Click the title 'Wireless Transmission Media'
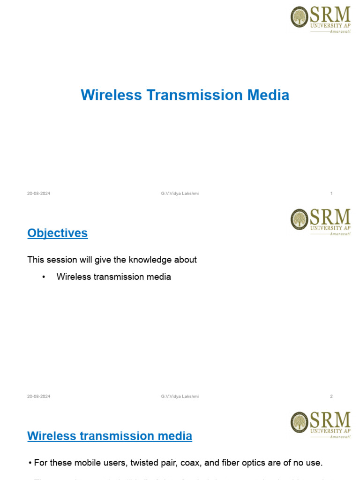coord(185,95)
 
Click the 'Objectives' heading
coord(58,233)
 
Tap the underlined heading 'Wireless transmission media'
coord(110,436)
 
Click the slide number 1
coord(331,194)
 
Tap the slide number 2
coord(331,397)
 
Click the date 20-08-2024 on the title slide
coord(39,194)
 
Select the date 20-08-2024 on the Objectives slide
coord(39,397)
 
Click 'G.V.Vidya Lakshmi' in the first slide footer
coord(180,194)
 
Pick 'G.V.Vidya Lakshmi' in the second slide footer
coord(180,397)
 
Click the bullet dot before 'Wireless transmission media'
coord(44,277)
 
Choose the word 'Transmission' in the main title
coord(195,95)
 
